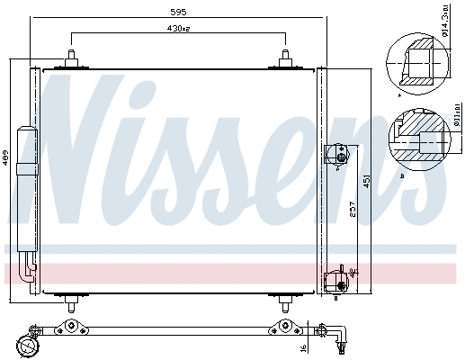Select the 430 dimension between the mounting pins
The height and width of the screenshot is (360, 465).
click(x=178, y=30)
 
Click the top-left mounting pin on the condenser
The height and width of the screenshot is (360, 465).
click(x=69, y=58)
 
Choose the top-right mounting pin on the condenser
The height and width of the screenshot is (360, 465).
click(x=286, y=58)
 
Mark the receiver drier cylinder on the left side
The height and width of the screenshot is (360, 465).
click(x=26, y=189)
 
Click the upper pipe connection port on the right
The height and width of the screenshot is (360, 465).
click(x=339, y=154)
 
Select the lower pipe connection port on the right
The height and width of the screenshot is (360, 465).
click(x=339, y=278)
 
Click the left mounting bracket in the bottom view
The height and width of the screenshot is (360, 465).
click(x=69, y=327)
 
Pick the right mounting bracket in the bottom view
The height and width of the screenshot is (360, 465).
click(x=286, y=327)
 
